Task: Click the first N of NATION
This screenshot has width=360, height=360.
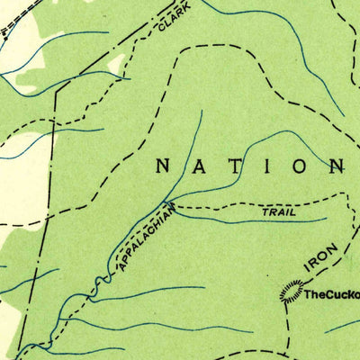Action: tap(163, 166)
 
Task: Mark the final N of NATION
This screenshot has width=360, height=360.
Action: tap(337, 166)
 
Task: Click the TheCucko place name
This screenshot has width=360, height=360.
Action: tap(330, 293)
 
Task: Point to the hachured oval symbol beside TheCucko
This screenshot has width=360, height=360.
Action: tap(290, 291)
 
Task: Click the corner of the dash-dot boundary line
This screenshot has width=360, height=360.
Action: tap(55, 94)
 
